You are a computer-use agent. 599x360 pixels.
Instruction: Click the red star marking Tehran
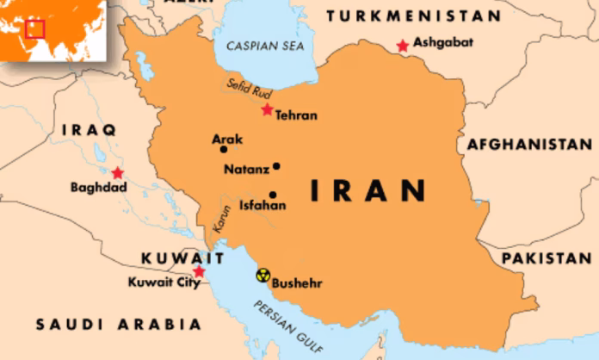(x=267, y=110)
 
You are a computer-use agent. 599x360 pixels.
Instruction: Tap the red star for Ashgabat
(x=402, y=46)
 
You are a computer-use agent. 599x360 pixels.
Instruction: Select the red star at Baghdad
(x=117, y=173)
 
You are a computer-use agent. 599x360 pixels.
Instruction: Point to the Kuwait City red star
(x=199, y=272)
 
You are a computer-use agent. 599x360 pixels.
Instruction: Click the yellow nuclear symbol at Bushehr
(x=262, y=276)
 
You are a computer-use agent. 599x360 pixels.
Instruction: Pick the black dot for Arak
(x=224, y=149)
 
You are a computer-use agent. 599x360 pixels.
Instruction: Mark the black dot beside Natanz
(x=276, y=166)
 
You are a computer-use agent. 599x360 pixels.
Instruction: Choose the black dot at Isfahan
(x=273, y=195)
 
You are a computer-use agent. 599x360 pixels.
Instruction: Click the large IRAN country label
(x=367, y=189)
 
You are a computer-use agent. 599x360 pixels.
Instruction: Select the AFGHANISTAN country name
(x=529, y=144)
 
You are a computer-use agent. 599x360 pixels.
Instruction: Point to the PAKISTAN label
(x=547, y=258)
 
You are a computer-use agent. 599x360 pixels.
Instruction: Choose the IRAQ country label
(x=90, y=130)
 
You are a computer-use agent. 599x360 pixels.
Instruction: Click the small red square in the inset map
(x=34, y=29)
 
